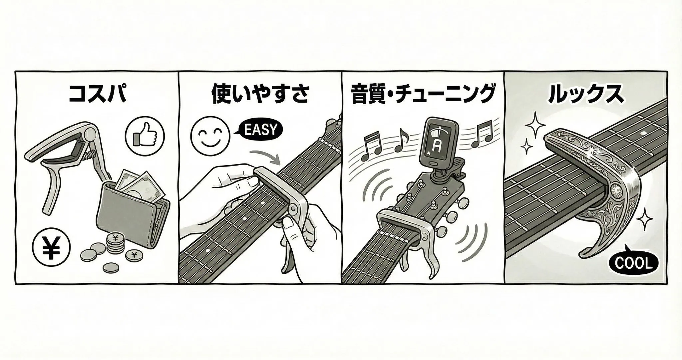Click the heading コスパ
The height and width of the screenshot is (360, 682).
[x=97, y=94]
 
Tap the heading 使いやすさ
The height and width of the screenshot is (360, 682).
[x=260, y=94]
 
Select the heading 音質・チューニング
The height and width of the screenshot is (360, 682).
[x=423, y=94]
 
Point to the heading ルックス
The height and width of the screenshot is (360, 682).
[x=586, y=94]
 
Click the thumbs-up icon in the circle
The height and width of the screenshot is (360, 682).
[x=145, y=136]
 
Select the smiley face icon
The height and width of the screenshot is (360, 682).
[x=210, y=136]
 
